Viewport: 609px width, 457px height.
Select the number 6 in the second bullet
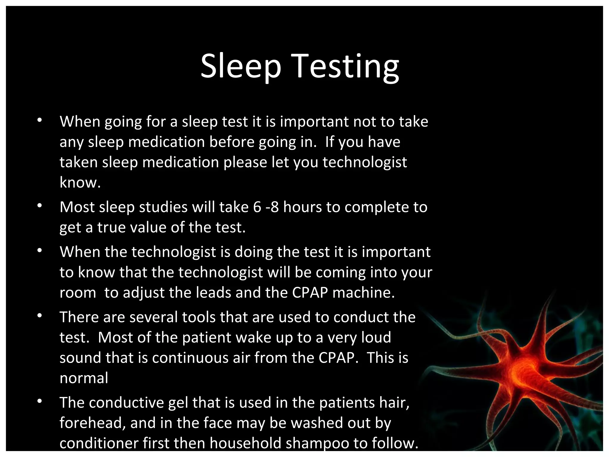pos(257,207)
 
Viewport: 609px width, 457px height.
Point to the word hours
pos(302,207)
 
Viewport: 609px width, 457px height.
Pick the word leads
pos(214,292)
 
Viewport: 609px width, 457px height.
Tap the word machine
pos(363,292)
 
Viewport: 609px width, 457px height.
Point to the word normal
pos(84,378)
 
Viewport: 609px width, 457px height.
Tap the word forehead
pos(92,423)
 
